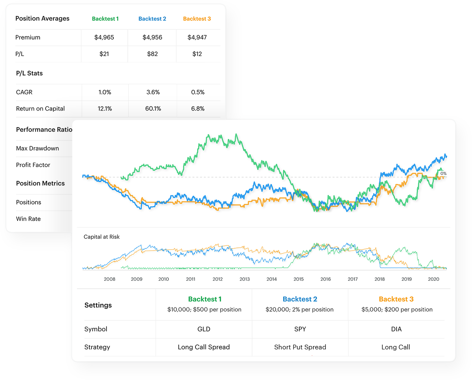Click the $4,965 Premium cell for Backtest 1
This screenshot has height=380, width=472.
[x=104, y=38]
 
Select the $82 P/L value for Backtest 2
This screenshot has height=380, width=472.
[x=152, y=54]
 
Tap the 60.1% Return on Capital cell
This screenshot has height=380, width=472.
[x=153, y=109]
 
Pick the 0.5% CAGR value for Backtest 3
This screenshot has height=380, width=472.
[x=197, y=92]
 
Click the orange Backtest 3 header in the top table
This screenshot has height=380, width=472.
[x=197, y=19]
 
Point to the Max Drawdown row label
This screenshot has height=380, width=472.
[x=37, y=148]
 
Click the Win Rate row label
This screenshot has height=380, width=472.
[x=28, y=219]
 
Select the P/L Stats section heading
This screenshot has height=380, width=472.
[x=29, y=73]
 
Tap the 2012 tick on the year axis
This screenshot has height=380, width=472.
[x=218, y=279]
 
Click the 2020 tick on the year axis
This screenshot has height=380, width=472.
[x=434, y=279]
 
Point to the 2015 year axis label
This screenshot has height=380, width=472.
[x=298, y=279]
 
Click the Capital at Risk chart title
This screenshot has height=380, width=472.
[x=102, y=237]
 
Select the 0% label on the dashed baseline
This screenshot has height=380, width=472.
[x=443, y=173]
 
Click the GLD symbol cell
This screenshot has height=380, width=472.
[x=204, y=329]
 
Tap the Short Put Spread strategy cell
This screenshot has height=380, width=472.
[x=300, y=347]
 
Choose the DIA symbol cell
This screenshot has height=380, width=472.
[x=396, y=329]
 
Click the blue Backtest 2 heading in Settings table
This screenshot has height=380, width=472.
[x=300, y=299]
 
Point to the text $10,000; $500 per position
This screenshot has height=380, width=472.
[x=204, y=309]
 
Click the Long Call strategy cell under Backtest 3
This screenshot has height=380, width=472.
[x=396, y=347]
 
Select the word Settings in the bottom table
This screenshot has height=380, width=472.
[x=98, y=305]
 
